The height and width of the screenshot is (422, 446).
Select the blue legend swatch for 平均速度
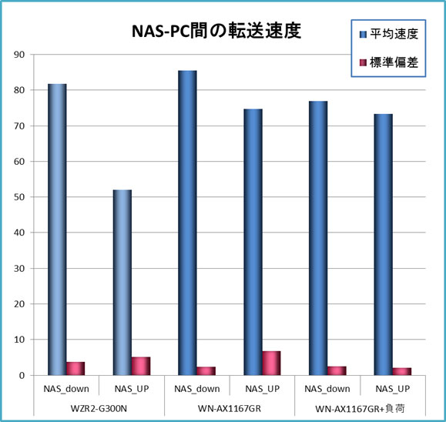coord(364,34)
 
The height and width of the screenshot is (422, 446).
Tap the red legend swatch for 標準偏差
coord(364,62)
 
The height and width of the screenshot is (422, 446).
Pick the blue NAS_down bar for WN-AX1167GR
coord(187,223)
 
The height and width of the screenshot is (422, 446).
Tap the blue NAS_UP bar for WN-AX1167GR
coord(253,242)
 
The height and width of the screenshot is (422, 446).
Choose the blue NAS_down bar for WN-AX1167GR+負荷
coord(318,238)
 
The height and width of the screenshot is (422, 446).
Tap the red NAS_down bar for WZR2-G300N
coord(75,369)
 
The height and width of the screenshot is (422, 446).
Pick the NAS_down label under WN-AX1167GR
coord(196,389)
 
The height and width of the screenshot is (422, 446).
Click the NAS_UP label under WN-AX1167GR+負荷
coord(392,389)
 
